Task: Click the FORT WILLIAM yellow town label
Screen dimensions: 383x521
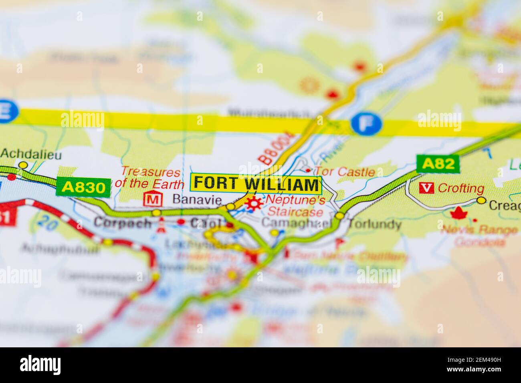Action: pyautogui.click(x=256, y=184)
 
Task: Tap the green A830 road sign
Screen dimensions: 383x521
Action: pyautogui.click(x=83, y=187)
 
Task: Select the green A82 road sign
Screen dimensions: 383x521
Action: pyautogui.click(x=437, y=163)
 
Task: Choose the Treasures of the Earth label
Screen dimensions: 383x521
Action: pyautogui.click(x=150, y=178)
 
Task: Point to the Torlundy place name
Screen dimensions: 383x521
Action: pyautogui.click(x=374, y=224)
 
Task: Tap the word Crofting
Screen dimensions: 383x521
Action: pyautogui.click(x=461, y=188)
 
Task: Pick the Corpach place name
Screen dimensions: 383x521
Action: pyautogui.click(x=123, y=223)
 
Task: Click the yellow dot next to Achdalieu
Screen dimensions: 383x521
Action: pyautogui.click(x=24, y=165)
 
